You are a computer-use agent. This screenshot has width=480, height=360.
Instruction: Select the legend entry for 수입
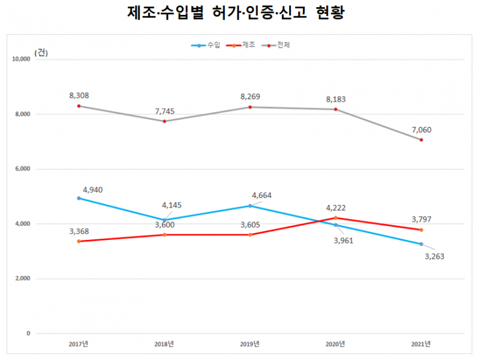click(207, 46)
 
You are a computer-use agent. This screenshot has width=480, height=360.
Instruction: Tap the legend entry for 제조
click(241, 46)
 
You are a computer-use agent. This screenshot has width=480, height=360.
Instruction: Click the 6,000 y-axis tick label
click(22, 169)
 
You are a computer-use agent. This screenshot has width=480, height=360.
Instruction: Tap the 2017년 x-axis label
click(79, 344)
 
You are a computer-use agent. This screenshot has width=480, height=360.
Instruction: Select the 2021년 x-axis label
click(421, 344)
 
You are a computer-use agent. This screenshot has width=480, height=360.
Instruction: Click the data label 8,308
click(79, 95)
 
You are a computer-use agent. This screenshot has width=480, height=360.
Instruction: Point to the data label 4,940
click(94, 190)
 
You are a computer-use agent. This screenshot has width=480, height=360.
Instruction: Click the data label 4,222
click(337, 208)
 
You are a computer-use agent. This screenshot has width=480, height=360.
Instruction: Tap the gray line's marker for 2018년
click(164, 121)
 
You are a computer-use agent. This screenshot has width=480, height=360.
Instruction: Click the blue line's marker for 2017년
click(79, 198)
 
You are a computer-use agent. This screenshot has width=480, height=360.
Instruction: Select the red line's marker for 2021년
click(421, 230)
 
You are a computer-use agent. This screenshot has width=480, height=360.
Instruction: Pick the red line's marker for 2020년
click(336, 218)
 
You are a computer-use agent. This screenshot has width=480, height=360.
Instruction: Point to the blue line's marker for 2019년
click(250, 206)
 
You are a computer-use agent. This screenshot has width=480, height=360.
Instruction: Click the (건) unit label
click(41, 52)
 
